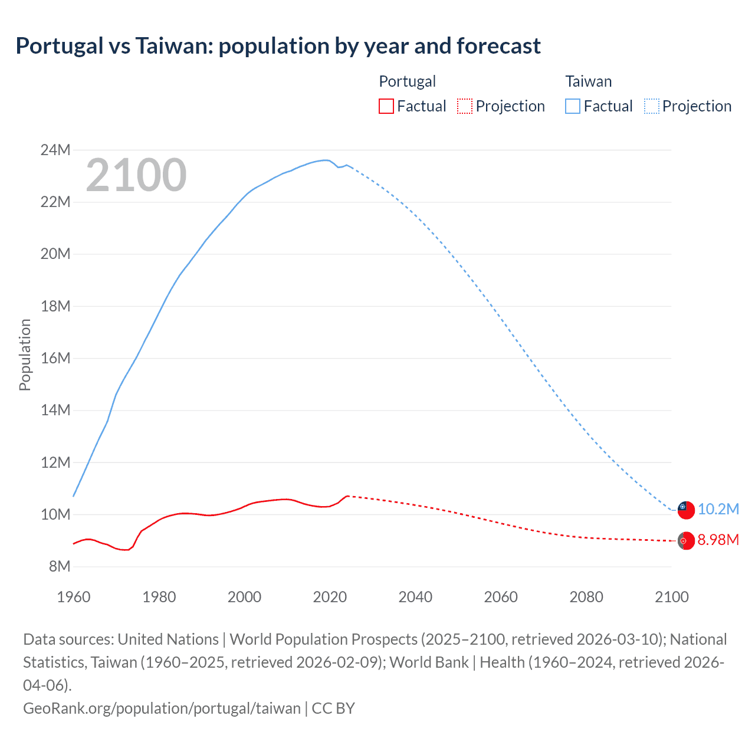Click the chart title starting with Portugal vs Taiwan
278,46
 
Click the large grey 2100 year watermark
136,175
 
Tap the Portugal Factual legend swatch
386,106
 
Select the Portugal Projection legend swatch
465,106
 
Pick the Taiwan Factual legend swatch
572,106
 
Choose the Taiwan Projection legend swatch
651,106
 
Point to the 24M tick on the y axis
55,150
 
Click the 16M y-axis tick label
55,359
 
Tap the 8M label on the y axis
59,567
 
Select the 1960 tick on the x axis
74,597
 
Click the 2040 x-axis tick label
415,597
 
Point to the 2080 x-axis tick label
586,597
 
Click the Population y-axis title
25,354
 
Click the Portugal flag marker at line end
685,540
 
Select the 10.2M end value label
718,510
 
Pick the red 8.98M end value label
718,540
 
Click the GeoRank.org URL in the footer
162,708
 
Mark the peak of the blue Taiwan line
324,160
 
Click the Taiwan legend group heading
588,81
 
